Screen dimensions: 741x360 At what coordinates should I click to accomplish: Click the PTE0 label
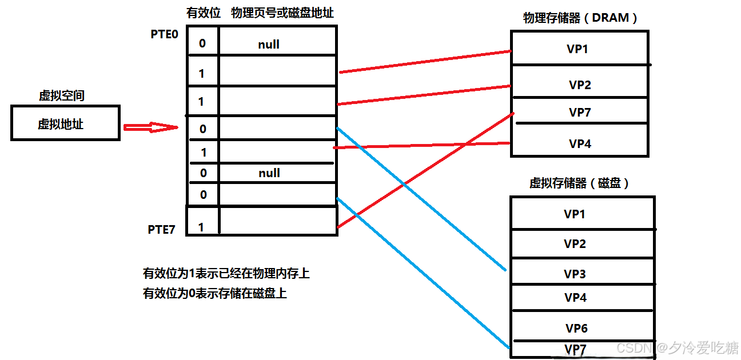(x=164, y=34)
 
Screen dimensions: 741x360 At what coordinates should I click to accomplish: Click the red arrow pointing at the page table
(x=152, y=128)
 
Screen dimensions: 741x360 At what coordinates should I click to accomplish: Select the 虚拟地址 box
(x=65, y=123)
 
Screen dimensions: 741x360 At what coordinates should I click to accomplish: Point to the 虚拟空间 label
(x=61, y=95)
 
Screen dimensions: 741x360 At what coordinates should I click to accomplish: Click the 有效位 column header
(x=203, y=13)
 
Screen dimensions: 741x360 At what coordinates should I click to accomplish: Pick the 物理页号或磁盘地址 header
(x=282, y=13)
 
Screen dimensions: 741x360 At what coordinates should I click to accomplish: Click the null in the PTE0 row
(x=269, y=45)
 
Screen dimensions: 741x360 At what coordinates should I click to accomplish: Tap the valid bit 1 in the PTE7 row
(x=201, y=227)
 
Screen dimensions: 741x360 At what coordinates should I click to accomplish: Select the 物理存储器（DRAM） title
(x=580, y=18)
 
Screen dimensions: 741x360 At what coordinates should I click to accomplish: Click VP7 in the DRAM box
(x=580, y=113)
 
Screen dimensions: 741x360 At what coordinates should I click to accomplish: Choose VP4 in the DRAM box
(x=580, y=143)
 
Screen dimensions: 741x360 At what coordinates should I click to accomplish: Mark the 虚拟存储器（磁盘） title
(x=579, y=183)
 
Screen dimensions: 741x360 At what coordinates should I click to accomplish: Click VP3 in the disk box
(x=575, y=274)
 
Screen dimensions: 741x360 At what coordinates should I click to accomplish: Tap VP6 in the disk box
(x=576, y=329)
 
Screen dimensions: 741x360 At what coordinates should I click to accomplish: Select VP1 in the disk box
(x=575, y=214)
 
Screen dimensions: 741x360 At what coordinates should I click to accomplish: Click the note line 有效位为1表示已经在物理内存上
(x=226, y=273)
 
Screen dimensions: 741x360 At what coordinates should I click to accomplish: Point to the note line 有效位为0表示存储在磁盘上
(x=214, y=294)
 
